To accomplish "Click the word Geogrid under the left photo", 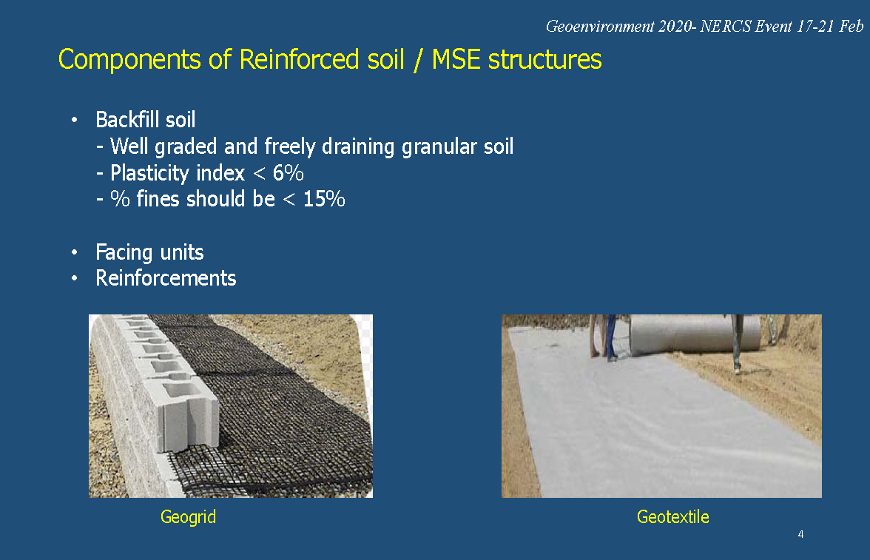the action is coord(188,517).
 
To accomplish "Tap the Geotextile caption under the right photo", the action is coord(673,517).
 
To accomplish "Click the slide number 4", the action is coord(800,534).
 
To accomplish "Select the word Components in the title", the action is coord(129,60).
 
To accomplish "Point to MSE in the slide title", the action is coord(456,59).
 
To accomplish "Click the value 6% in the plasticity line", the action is coord(288,173).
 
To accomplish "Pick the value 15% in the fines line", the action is coord(324,199).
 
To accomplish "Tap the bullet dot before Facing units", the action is coord(74,252).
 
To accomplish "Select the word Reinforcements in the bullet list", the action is coord(166,278).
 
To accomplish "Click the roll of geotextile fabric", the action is coord(694,334).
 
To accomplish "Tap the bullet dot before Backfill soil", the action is coord(74,120).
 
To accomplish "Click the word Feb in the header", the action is coord(851,27).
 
